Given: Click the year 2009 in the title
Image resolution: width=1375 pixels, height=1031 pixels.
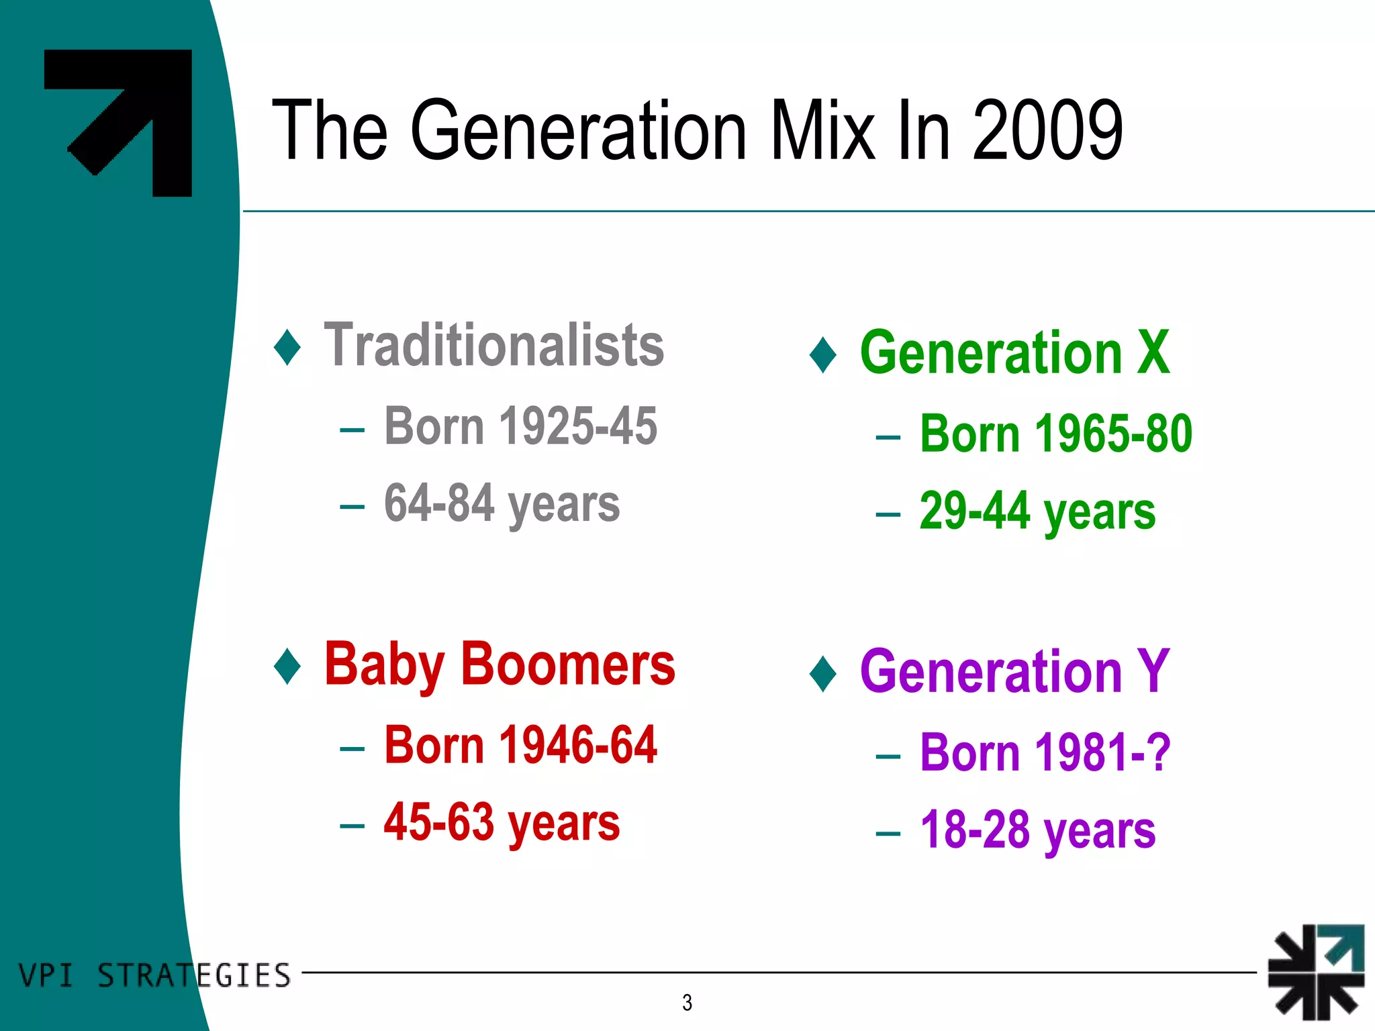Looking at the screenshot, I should (x=1047, y=130).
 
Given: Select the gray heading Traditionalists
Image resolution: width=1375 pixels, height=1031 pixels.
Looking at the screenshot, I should (x=493, y=345).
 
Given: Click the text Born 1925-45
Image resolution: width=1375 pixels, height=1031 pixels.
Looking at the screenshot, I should (x=520, y=426).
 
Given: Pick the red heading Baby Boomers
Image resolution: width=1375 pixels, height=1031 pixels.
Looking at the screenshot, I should (x=500, y=665).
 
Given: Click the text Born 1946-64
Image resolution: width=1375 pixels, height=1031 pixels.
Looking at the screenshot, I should (x=520, y=745).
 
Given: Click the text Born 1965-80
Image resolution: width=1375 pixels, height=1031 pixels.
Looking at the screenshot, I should (x=1055, y=434).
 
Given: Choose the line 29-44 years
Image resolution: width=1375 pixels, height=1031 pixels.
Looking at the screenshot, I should (x=1037, y=511).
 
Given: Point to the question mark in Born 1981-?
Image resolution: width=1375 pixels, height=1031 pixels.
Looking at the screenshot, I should (x=1158, y=752).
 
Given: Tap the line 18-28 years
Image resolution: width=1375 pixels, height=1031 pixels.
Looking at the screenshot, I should (x=1037, y=830).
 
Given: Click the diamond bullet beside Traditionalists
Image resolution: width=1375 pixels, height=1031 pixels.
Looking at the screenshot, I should (x=287, y=347).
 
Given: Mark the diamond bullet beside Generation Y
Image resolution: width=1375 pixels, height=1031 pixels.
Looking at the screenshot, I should (x=823, y=673).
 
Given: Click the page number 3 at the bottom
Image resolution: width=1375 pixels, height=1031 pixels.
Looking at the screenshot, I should (x=687, y=1002).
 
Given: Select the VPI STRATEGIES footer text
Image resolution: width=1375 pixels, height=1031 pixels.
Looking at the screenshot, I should (x=154, y=975).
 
